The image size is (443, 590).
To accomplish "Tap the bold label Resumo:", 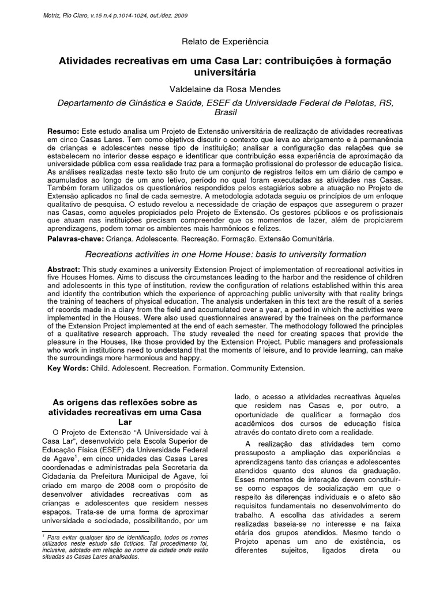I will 63,133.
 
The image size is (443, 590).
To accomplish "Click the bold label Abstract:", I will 65,269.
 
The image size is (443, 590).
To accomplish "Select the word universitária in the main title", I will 221,74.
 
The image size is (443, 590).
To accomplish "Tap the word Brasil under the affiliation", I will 221,114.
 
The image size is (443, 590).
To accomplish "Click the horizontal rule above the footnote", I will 96,531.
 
